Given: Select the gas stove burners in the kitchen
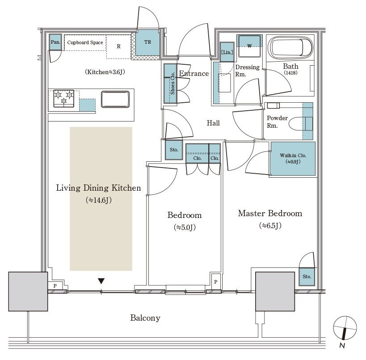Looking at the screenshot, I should (63, 98).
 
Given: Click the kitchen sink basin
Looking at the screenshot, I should (116, 99).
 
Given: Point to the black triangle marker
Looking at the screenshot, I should (101, 281).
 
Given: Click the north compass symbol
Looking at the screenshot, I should (345, 329).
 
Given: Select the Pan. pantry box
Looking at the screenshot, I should (55, 42).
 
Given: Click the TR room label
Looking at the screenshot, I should (147, 43).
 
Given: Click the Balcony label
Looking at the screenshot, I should (145, 318).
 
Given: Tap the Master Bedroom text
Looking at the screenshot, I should (269, 213).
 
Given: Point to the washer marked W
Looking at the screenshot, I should (250, 45).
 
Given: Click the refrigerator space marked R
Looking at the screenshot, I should (118, 46).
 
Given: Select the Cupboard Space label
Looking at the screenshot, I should (85, 42).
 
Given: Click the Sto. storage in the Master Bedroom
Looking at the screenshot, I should (307, 276).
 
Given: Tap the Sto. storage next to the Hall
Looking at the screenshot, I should (174, 150).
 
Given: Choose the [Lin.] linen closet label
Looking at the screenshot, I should (226, 52).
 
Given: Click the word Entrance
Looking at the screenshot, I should (194, 74).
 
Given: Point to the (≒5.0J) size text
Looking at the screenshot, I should (184, 227).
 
